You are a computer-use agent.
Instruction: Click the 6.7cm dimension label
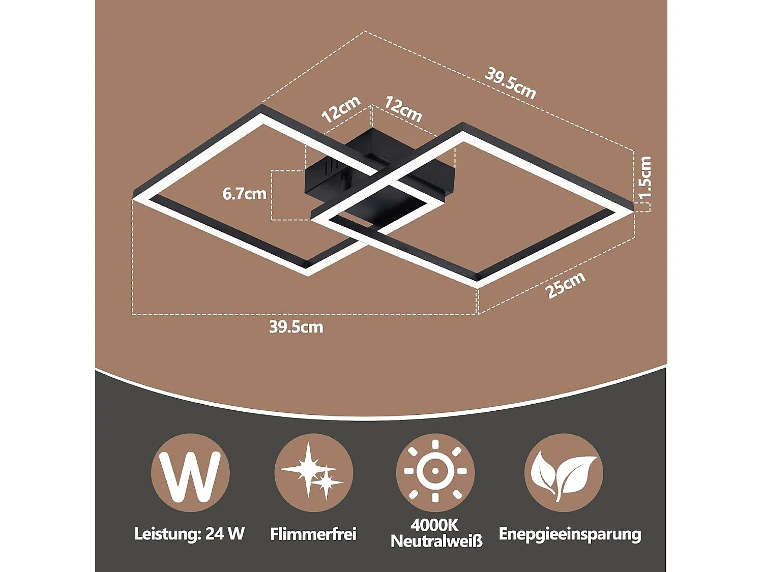pyautogui.click(x=244, y=194)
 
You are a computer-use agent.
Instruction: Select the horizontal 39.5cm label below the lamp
pyautogui.click(x=296, y=327)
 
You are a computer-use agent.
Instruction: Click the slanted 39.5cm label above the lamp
pyautogui.click(x=510, y=84)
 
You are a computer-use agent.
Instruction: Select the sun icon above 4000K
pyautogui.click(x=435, y=471)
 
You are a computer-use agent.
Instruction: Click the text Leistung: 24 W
pyautogui.click(x=189, y=534)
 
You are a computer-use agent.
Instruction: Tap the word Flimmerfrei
pyautogui.click(x=313, y=534)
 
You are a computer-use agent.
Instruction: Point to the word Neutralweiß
pyautogui.click(x=436, y=541)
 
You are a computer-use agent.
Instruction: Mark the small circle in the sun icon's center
pyautogui.click(x=435, y=471)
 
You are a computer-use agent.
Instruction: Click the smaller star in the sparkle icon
pyautogui.click(x=327, y=482)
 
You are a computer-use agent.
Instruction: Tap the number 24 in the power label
pyautogui.click(x=214, y=534)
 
